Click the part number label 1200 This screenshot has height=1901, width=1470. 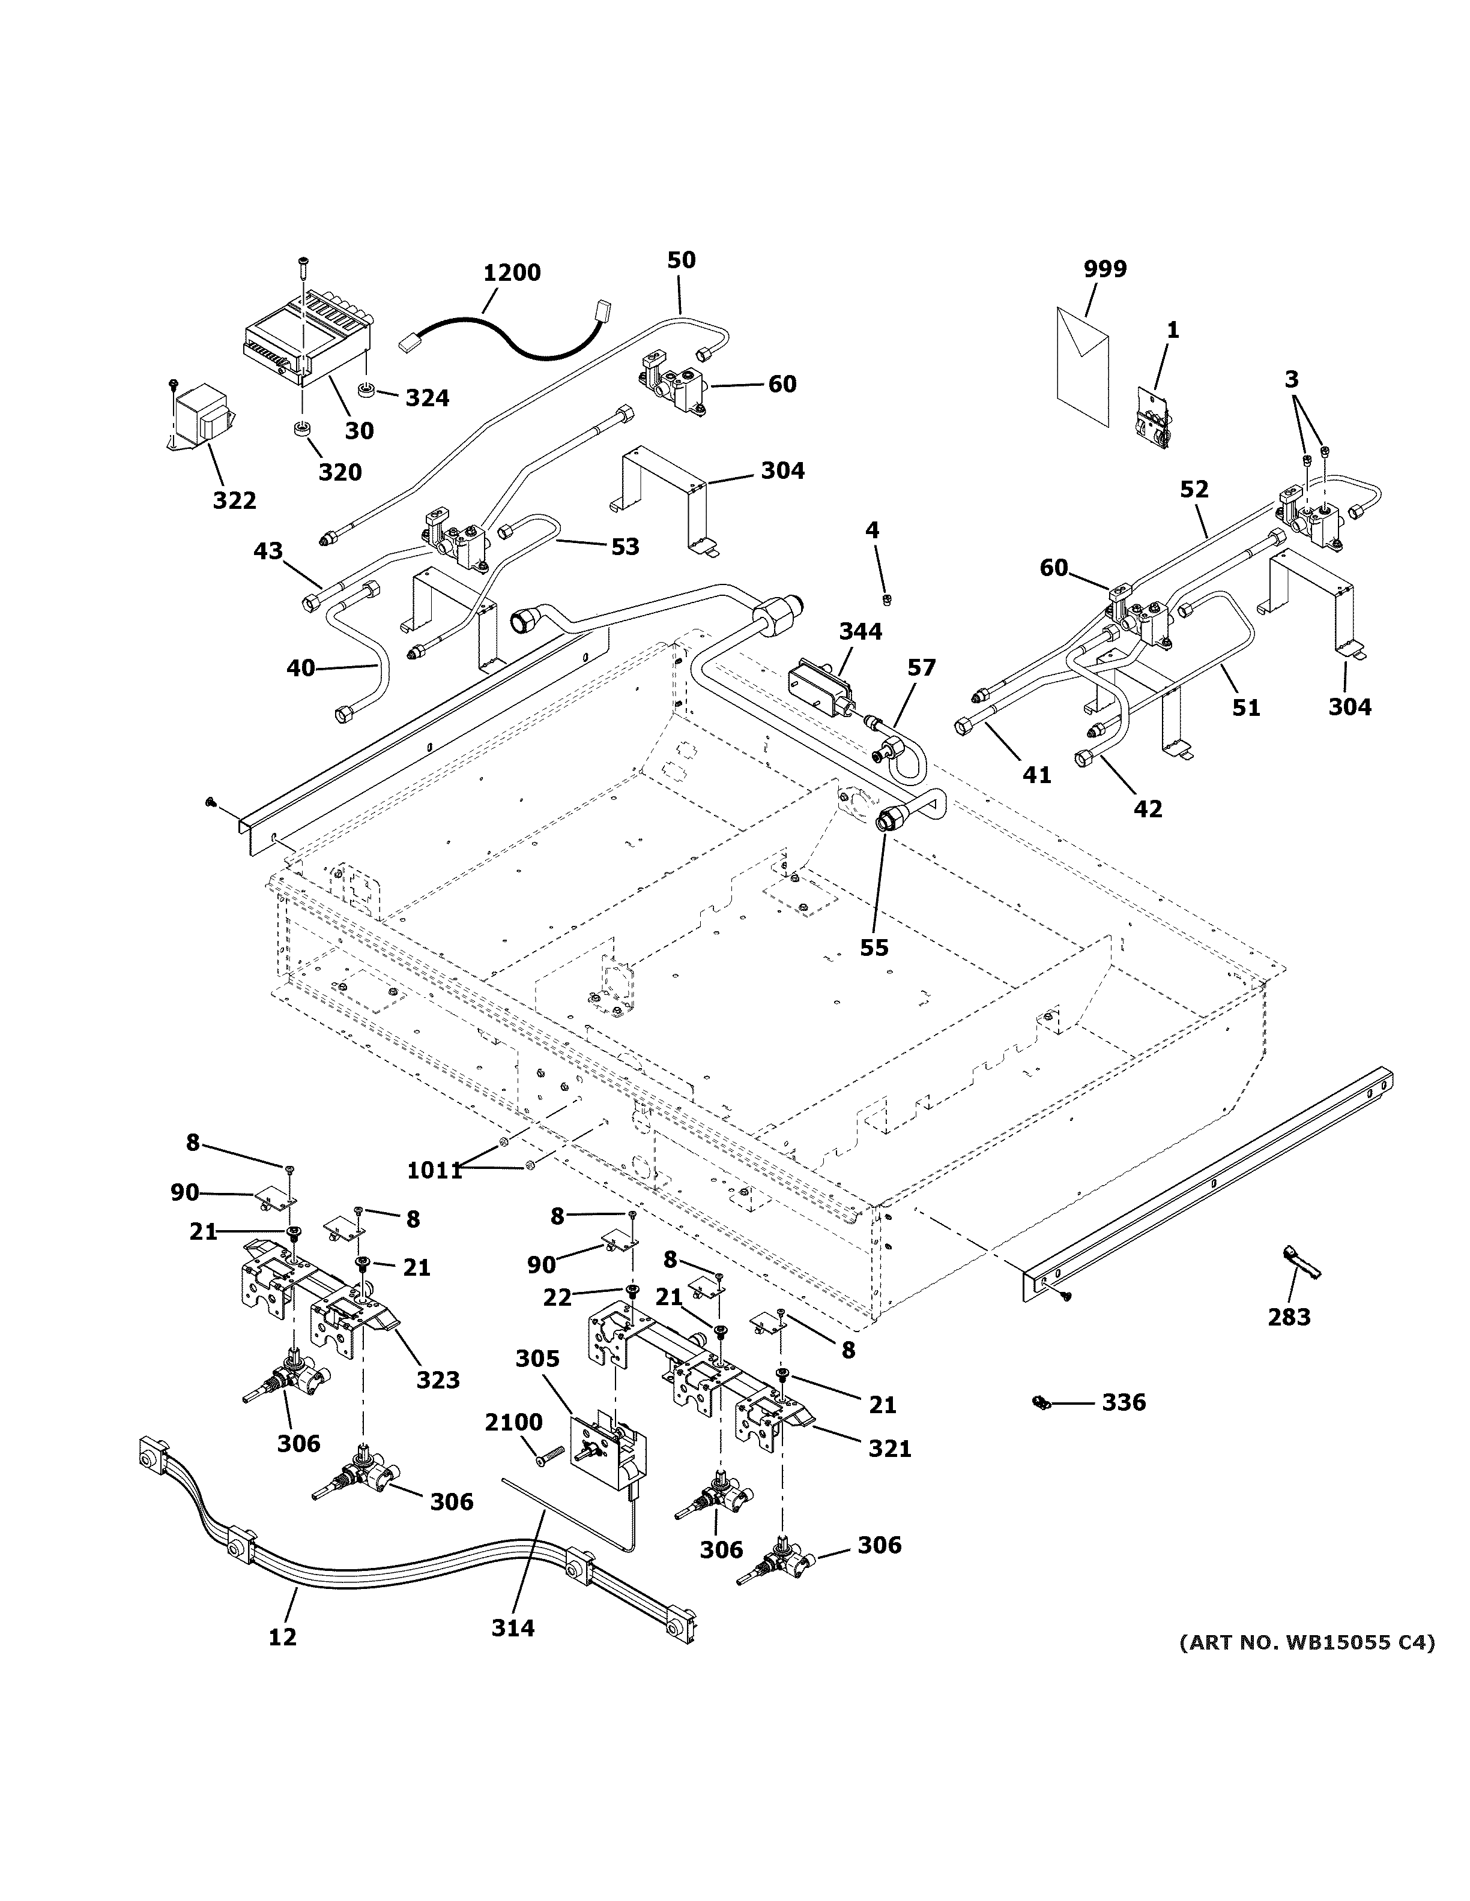click(512, 272)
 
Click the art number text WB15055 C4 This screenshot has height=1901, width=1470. click(1305, 1642)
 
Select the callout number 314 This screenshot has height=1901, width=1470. click(512, 1628)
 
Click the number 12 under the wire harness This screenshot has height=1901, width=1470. click(282, 1636)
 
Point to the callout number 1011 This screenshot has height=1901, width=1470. click(435, 1171)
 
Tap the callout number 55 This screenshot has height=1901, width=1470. click(874, 947)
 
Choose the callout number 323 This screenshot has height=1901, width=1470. click(437, 1380)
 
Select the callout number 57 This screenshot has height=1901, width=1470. click(921, 668)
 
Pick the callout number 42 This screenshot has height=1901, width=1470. click(1148, 809)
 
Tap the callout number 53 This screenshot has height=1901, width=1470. click(625, 547)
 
